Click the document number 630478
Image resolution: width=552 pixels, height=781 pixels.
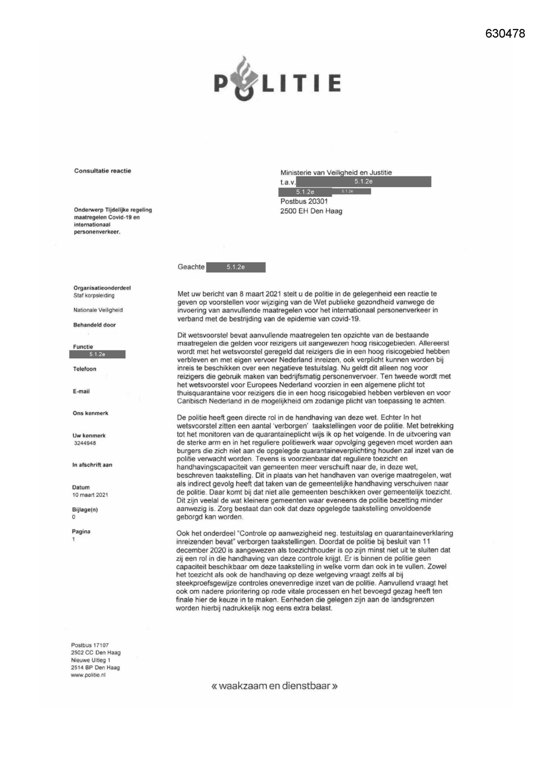click(x=505, y=33)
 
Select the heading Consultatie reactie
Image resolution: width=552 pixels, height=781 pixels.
click(x=102, y=171)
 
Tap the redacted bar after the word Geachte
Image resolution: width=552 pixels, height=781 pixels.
click(x=236, y=267)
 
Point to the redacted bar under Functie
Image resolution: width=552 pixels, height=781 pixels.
click(x=97, y=354)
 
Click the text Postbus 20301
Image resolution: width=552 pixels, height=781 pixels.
click(x=304, y=201)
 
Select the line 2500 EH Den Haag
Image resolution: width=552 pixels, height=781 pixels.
click(x=311, y=211)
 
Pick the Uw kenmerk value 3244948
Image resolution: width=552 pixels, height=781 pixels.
click(x=85, y=443)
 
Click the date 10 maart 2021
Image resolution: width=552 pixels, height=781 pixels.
click(x=90, y=495)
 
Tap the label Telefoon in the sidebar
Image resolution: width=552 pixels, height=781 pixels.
click(x=85, y=369)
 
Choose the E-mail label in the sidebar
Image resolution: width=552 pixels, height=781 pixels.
click(x=81, y=391)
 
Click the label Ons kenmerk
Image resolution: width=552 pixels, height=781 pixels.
click(x=90, y=413)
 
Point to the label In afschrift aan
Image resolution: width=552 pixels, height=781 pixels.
click(x=92, y=465)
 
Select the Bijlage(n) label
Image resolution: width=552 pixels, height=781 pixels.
click(x=85, y=509)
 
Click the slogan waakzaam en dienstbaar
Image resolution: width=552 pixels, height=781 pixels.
click(x=274, y=686)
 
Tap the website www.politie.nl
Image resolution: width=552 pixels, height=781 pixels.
click(x=88, y=675)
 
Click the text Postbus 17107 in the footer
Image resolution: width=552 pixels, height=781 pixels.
click(x=89, y=645)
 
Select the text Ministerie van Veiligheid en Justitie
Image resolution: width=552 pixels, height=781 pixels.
click(x=336, y=172)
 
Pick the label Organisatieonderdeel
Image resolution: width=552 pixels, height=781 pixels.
click(x=102, y=288)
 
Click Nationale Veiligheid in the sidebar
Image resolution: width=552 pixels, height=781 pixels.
click(x=98, y=310)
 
